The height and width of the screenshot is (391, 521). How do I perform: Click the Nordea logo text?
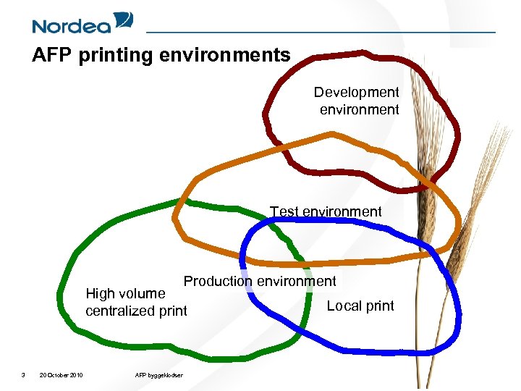click(72, 26)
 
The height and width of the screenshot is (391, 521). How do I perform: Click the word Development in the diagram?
click(356, 93)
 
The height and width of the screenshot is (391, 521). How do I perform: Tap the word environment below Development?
click(360, 110)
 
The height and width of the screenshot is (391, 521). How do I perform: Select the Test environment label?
click(326, 211)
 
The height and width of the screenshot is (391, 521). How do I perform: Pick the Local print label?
click(360, 306)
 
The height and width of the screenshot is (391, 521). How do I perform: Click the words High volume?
click(125, 293)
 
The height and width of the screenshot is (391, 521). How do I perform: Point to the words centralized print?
click(136, 311)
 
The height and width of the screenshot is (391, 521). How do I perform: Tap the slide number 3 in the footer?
click(23, 374)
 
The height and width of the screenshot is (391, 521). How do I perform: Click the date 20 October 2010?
click(61, 374)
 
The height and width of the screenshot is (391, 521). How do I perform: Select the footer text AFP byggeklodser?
click(158, 374)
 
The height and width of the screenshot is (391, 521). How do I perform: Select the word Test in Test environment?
click(284, 211)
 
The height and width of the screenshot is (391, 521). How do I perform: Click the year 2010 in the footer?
click(75, 374)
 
